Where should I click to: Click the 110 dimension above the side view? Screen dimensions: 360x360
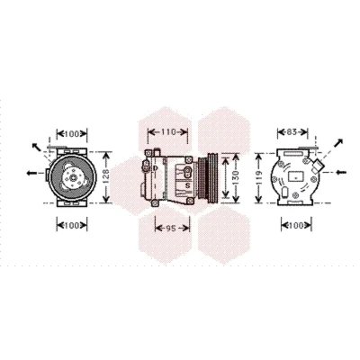pyautogui.click(x=168, y=132)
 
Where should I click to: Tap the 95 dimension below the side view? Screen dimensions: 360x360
pyautogui.click(x=170, y=229)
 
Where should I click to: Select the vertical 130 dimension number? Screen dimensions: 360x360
pyautogui.click(x=236, y=177)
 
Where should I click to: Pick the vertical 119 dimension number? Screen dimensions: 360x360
pyautogui.click(x=259, y=177)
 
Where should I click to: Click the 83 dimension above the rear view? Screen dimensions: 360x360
pyautogui.click(x=292, y=132)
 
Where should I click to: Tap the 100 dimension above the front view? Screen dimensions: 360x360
pyautogui.click(x=71, y=134)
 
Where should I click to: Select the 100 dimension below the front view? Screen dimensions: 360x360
pyautogui.click(x=71, y=226)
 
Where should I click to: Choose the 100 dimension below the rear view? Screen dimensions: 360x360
pyautogui.click(x=296, y=225)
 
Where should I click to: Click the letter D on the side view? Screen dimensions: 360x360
pyautogui.click(x=155, y=168)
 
